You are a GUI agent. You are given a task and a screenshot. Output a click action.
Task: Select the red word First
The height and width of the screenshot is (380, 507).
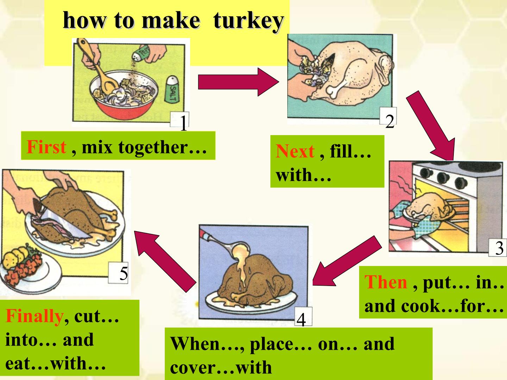tap(46, 147)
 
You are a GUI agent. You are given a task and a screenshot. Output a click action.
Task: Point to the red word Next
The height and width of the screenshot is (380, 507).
tap(295, 151)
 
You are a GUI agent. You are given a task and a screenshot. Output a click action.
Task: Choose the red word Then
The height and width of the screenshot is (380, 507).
tap(386, 282)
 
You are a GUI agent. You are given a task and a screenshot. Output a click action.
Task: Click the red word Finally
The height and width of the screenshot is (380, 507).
tap(35, 316)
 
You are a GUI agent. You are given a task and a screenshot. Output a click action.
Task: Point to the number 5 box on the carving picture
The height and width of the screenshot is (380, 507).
tap(118, 273)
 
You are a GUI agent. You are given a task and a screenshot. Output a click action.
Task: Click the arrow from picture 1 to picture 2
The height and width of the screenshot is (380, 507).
tap(239, 82)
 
